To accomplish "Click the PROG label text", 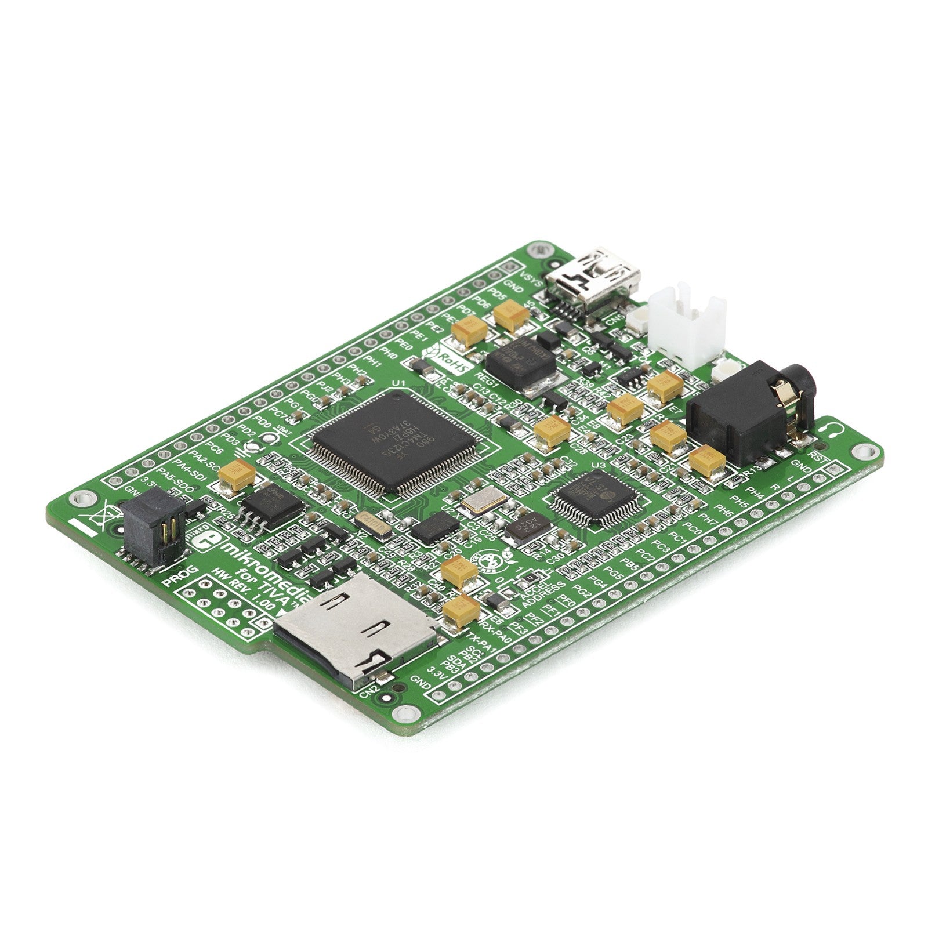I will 179,579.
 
